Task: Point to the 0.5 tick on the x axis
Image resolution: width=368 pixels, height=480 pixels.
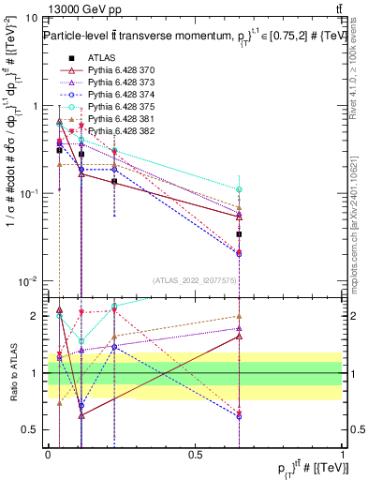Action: (x=195, y=453)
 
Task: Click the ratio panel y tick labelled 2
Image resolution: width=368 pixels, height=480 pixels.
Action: (x=33, y=316)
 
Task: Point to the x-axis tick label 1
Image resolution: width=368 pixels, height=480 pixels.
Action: (x=343, y=453)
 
